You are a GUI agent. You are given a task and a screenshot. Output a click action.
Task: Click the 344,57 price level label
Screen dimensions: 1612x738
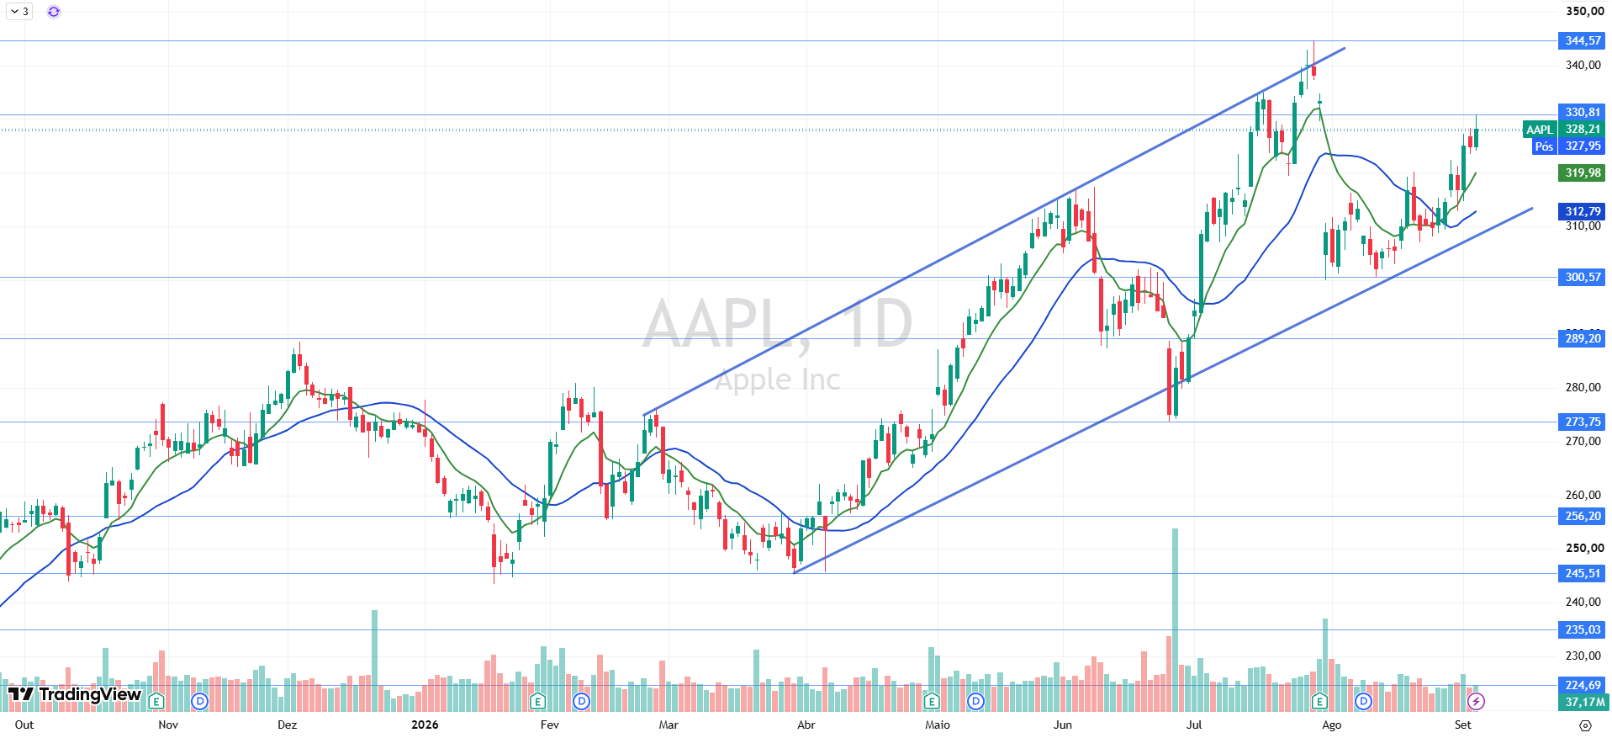[x=1582, y=40]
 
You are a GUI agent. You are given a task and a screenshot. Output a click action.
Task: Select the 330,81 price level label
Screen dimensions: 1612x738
[x=1582, y=112]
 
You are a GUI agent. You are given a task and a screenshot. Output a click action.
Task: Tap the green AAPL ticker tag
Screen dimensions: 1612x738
[x=1540, y=130]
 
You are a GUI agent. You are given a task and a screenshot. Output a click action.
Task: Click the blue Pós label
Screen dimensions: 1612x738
[x=1544, y=146]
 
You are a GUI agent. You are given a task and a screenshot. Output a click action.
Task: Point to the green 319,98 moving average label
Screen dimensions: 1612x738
[x=1582, y=173]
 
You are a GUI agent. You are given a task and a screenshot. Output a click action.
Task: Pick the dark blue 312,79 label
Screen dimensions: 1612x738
[x=1582, y=211]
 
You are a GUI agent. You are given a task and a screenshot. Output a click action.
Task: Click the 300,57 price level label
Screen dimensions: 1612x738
[x=1582, y=277]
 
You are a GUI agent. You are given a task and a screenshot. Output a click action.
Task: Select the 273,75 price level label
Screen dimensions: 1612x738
[x=1582, y=422]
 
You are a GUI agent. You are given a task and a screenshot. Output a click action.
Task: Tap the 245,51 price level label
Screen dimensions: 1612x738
[x=1582, y=573]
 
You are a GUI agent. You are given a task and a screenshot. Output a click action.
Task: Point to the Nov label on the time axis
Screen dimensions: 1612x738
[x=168, y=725]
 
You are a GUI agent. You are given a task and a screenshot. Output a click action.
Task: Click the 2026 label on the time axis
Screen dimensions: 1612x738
[x=425, y=725]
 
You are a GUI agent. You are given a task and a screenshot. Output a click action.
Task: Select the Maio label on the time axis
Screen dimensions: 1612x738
[x=937, y=725]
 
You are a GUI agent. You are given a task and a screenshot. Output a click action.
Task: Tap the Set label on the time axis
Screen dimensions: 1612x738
[x=1463, y=725]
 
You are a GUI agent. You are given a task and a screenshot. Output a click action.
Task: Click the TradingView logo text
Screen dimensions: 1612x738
[x=90, y=694]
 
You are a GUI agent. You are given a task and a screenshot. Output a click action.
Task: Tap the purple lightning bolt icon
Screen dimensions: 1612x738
[x=1476, y=701]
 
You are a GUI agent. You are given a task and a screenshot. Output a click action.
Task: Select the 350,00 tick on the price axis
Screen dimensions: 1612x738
[x=1584, y=11]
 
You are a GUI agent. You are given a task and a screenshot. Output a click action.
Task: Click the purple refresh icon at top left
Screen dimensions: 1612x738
[x=54, y=12]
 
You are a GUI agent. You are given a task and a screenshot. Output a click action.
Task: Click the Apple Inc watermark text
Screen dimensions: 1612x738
[x=778, y=380]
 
